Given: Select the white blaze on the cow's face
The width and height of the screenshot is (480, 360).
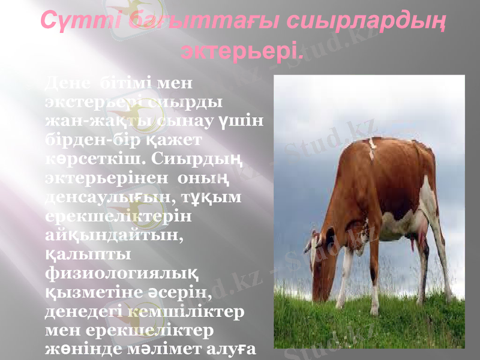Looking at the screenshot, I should tap(312, 252).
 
